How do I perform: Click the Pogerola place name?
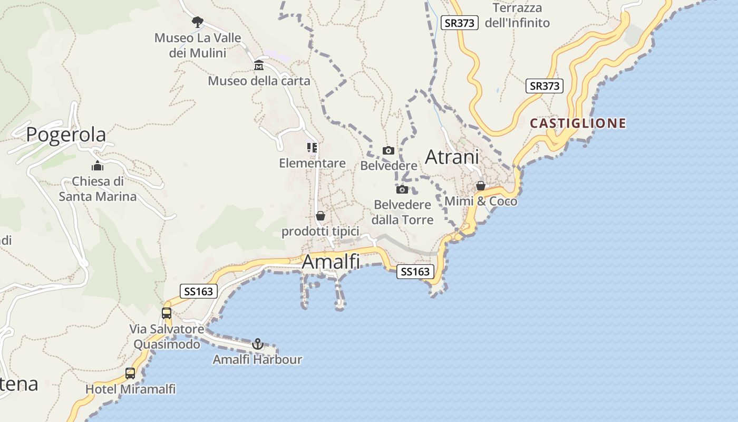tap(66, 135)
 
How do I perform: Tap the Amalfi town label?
tap(331, 262)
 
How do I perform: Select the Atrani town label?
tap(452, 157)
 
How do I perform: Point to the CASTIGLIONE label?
tap(578, 123)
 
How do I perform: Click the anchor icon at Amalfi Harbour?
tap(258, 344)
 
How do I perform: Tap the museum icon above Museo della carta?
tap(259, 65)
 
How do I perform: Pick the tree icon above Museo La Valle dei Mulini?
tap(198, 22)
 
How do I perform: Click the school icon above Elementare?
tap(312, 148)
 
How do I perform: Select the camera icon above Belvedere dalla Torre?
tap(402, 189)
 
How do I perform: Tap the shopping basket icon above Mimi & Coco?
tap(481, 186)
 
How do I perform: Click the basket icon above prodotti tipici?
tap(320, 216)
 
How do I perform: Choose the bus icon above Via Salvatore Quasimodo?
tap(167, 313)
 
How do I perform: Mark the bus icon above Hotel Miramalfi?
tap(130, 373)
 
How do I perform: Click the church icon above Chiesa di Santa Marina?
tap(98, 166)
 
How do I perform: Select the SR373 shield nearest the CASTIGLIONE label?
tap(545, 86)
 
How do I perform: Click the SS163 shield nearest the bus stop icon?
tap(198, 291)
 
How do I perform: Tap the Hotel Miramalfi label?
tap(130, 389)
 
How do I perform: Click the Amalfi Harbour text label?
tap(257, 360)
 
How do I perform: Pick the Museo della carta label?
tap(259, 81)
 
